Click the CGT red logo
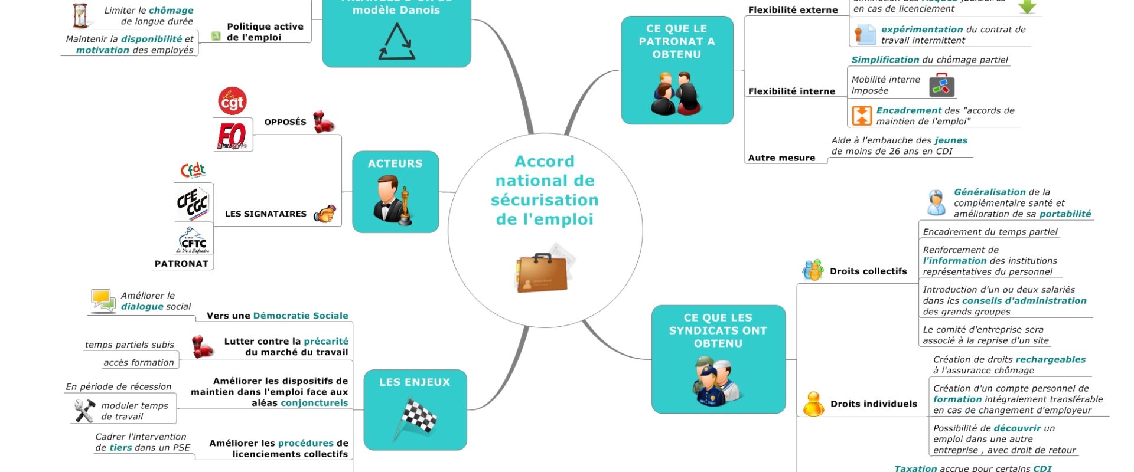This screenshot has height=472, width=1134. [232, 101]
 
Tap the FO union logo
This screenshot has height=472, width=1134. [232, 136]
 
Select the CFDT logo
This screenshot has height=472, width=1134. [193, 171]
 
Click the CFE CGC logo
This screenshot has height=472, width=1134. [193, 203]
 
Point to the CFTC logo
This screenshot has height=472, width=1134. [193, 241]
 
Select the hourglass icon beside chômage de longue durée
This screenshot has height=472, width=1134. [80, 16]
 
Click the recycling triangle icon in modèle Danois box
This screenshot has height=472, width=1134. [396, 42]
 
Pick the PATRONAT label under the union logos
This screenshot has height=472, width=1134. [181, 264]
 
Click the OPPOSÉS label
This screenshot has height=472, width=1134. [285, 122]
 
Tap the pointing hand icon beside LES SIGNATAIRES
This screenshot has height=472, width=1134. [324, 214]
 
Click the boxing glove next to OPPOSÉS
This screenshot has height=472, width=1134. [323, 122]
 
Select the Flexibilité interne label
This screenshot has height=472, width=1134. [791, 91]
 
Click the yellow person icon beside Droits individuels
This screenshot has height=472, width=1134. [813, 404]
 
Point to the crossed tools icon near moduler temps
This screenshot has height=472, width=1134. [84, 411]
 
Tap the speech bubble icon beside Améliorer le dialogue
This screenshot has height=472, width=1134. [103, 300]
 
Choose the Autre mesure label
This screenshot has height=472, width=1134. [781, 158]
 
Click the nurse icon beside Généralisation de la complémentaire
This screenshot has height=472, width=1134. [936, 203]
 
